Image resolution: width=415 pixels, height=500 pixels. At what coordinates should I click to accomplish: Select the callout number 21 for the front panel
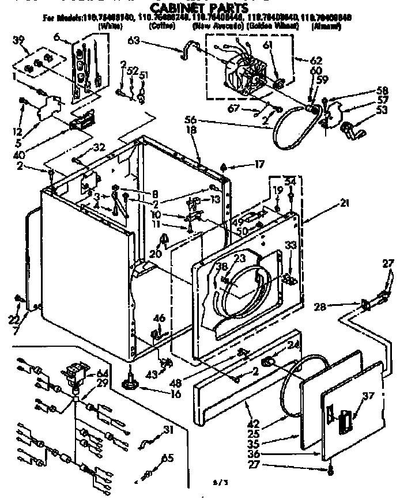click(345, 202)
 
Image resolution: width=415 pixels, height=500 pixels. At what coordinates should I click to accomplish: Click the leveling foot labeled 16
click(129, 383)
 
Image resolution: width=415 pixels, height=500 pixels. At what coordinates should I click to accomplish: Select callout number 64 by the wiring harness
click(102, 374)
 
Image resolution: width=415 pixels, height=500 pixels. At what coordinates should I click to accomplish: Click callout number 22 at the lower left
click(15, 320)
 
